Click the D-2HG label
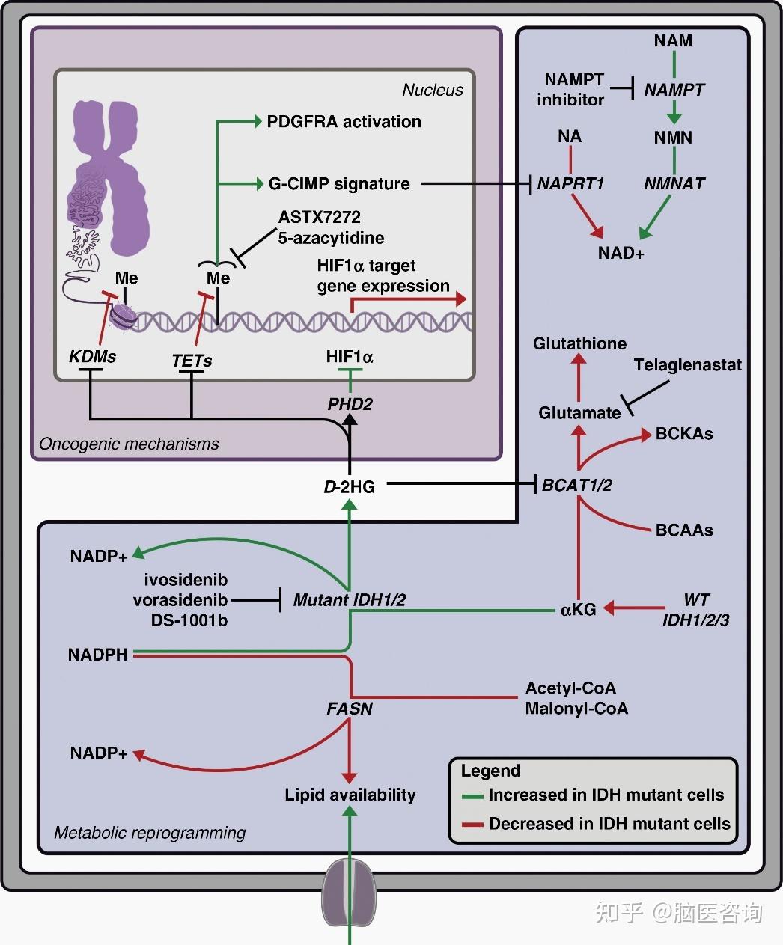(x=349, y=486)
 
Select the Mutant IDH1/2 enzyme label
(x=350, y=599)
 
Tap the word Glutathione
(x=579, y=343)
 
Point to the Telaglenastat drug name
(x=687, y=365)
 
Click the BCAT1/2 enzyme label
(x=576, y=485)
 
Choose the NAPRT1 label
(x=570, y=183)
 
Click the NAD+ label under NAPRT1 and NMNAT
(x=621, y=253)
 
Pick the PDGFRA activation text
(x=344, y=121)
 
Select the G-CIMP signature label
(x=339, y=183)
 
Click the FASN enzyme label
(x=350, y=708)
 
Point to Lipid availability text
(x=350, y=795)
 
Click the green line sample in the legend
(x=472, y=796)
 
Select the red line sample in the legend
(x=472, y=825)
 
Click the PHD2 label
(x=350, y=404)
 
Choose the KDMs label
(x=92, y=357)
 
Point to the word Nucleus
(x=433, y=90)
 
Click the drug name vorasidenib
(x=180, y=600)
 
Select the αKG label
(x=578, y=609)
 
